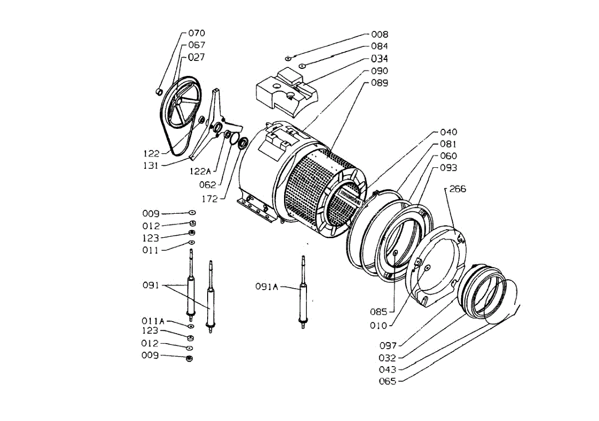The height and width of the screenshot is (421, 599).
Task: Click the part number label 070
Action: (x=197, y=33)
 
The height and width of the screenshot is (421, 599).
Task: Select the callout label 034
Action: (x=379, y=58)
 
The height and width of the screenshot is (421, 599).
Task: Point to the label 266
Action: (x=458, y=189)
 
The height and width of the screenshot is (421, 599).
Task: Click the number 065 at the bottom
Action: (x=387, y=382)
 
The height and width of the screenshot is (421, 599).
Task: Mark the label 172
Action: (x=210, y=198)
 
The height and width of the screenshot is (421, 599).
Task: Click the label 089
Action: (x=379, y=82)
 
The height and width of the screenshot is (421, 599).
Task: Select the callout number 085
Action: (x=378, y=313)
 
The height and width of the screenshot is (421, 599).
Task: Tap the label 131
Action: (x=150, y=165)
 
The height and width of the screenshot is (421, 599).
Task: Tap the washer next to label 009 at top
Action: (x=192, y=213)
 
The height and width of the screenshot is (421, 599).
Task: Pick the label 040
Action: (x=448, y=132)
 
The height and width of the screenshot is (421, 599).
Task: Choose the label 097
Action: (x=387, y=346)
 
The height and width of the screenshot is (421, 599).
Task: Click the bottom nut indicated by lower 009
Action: (x=189, y=359)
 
